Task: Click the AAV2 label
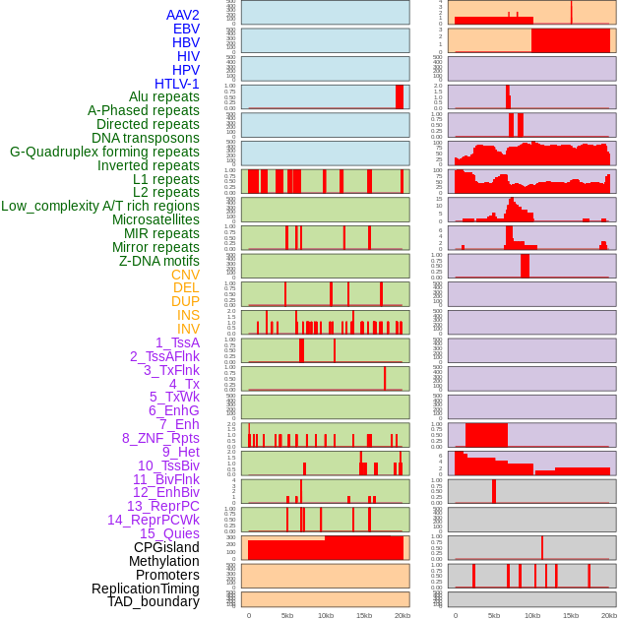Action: coord(183,15)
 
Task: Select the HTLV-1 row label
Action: coord(177,84)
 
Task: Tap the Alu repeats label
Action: coord(164,97)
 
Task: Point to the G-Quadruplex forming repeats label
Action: coord(104,152)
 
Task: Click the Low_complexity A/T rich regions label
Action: coord(100,206)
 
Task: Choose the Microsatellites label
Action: coord(155,219)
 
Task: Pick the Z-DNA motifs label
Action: coord(159,261)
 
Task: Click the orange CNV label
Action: coord(185,275)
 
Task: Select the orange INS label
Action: coord(188,315)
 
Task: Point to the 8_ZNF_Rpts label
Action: coord(160,438)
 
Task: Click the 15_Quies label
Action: coord(169,533)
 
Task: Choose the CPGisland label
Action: coord(166,547)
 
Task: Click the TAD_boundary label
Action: coord(154,601)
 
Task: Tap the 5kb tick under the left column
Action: coord(287,615)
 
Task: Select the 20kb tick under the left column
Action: coord(403,615)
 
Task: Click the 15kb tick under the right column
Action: coord(571,615)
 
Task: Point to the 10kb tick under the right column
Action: coord(532,615)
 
